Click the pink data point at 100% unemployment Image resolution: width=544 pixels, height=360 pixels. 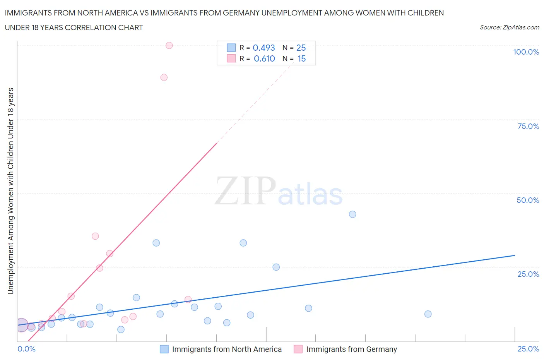pos(169,45)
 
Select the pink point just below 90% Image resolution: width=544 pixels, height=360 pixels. pos(164,77)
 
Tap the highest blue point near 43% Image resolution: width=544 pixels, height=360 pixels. pos(352,214)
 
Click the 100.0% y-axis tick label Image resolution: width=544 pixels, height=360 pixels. pos(526,52)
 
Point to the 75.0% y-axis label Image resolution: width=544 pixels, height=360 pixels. pos(528,126)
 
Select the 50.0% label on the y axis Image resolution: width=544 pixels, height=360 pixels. pos(528,200)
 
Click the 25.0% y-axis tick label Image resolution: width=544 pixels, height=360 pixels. pos(528,274)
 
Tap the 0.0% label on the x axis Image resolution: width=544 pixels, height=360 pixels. pos(27,349)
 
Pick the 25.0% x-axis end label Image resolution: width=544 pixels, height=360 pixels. pos(528,349)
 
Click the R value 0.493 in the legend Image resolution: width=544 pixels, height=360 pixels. pos(263,48)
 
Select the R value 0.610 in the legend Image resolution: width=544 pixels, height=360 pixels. pos(264,58)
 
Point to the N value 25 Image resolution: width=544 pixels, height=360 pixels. pos(301,48)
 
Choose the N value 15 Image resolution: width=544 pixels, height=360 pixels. pos(301,58)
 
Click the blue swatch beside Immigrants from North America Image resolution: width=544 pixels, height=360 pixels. pos(164,349)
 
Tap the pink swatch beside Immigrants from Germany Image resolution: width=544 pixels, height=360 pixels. pos(298,349)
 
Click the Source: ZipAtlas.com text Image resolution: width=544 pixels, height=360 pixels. pos(509,27)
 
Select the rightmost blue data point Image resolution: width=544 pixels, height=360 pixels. pos(428,314)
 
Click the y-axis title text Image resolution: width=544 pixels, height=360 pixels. pos(10,191)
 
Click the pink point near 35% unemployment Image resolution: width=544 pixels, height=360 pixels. pos(95,236)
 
